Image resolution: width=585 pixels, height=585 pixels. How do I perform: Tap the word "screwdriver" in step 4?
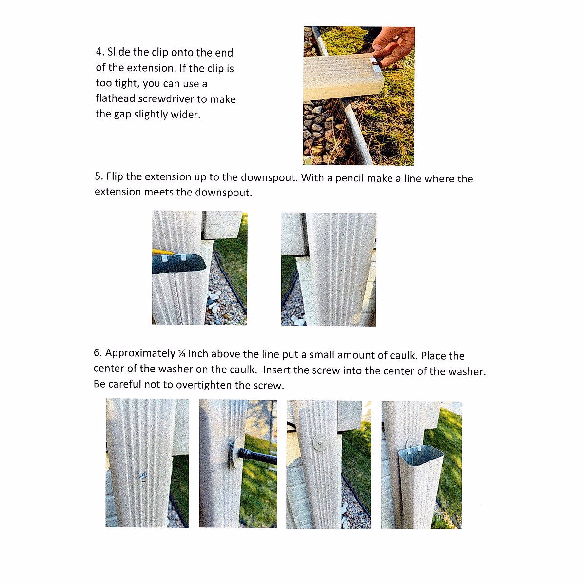166,99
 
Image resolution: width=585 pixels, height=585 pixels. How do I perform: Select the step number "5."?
99,177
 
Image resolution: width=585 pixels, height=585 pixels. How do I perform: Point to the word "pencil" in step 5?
350,178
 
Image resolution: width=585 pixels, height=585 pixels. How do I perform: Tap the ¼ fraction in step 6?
182,354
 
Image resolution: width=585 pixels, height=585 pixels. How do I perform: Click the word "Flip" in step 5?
115,177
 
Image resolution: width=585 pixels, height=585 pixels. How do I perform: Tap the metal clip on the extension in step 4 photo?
375,63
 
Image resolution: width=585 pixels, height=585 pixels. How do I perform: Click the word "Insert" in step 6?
276,370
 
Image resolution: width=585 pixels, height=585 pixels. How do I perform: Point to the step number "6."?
97,353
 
